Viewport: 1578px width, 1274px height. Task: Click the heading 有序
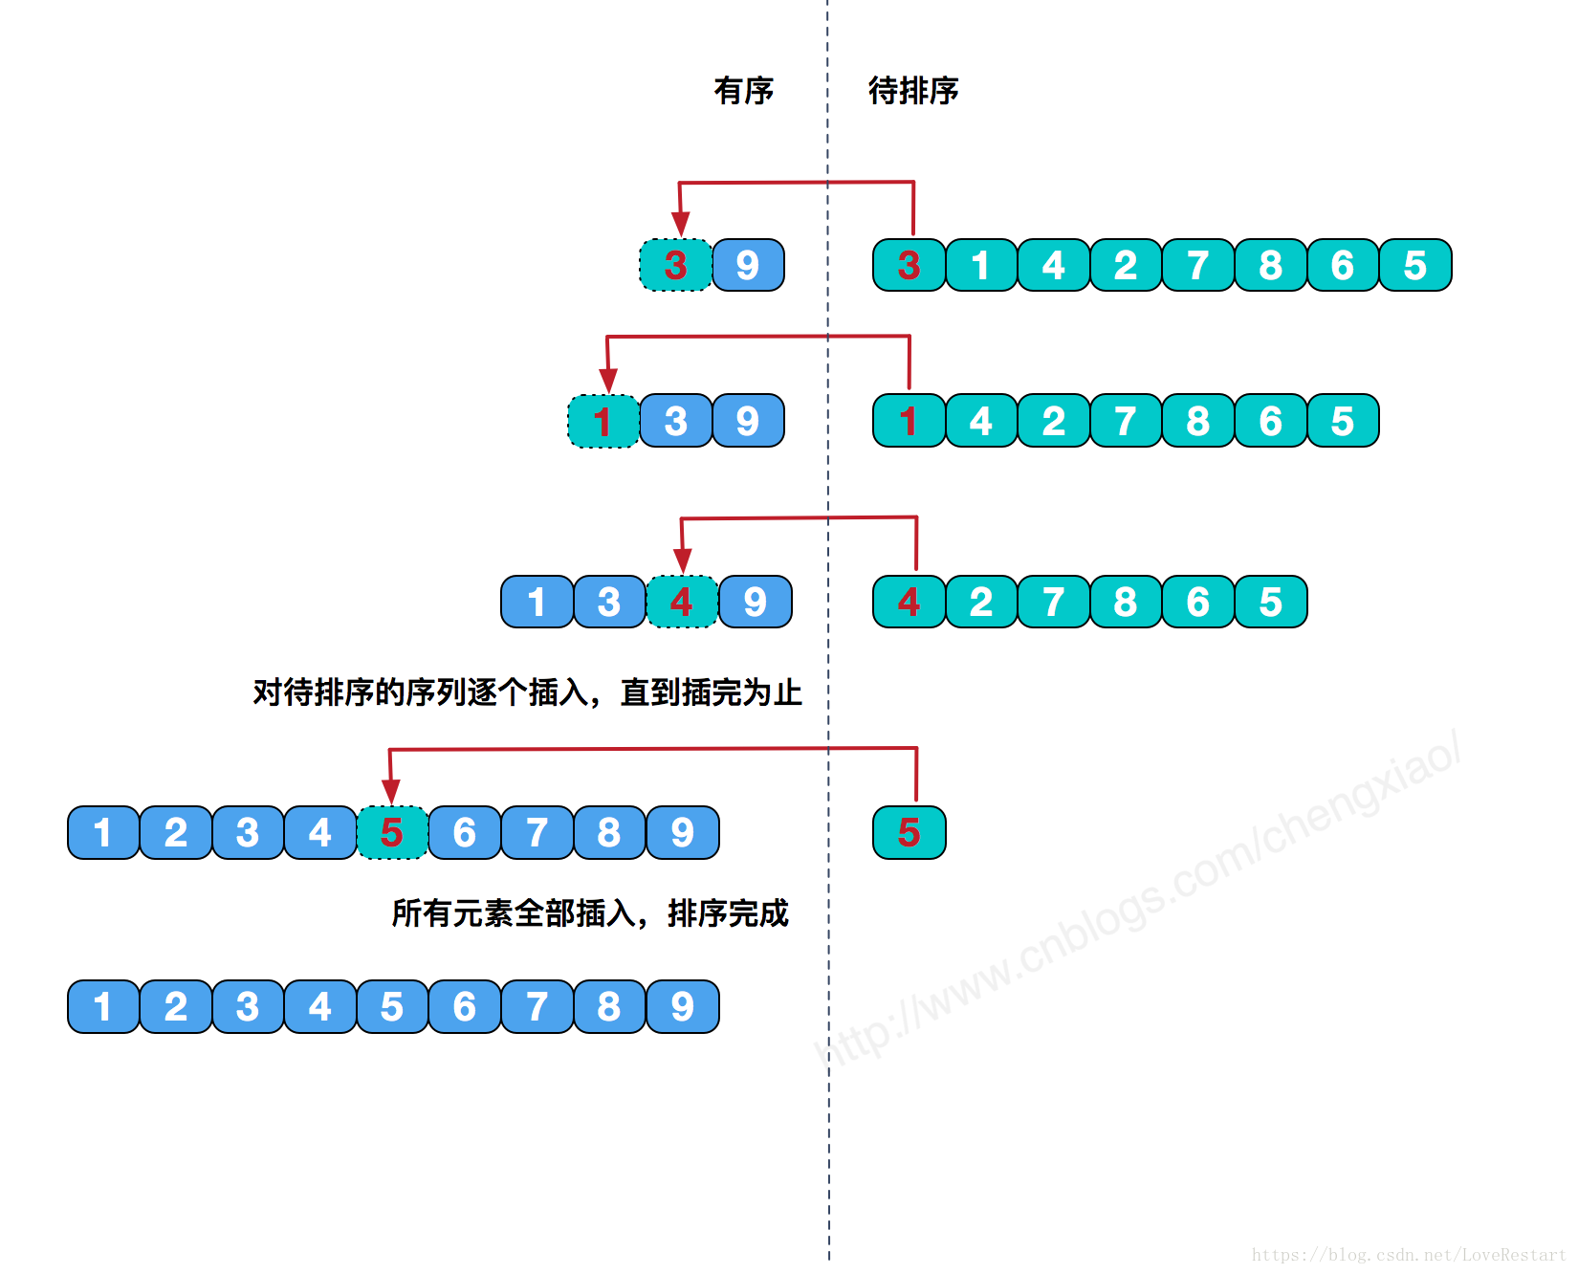(x=743, y=91)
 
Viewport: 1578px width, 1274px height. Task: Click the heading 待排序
(x=912, y=91)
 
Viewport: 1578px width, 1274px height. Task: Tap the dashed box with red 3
(x=675, y=265)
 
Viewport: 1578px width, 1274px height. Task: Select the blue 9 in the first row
(x=748, y=265)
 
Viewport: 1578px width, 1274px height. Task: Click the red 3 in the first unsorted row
(x=909, y=265)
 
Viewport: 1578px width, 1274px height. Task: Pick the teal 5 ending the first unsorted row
(x=1414, y=265)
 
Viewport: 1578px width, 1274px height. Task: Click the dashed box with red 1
(x=603, y=421)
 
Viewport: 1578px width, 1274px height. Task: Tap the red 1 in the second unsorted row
(x=909, y=421)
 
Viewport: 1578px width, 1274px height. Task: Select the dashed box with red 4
(x=681, y=602)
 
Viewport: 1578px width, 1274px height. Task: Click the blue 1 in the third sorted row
(x=537, y=602)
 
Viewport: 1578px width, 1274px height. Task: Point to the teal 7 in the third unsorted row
(x=1053, y=602)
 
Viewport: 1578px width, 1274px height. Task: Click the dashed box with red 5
(x=391, y=832)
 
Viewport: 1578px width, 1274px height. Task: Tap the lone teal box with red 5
(x=909, y=832)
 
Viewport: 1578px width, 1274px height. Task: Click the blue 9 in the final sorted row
(x=682, y=1006)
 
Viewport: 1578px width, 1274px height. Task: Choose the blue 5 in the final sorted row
(x=391, y=1006)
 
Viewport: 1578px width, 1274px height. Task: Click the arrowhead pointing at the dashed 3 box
(x=680, y=225)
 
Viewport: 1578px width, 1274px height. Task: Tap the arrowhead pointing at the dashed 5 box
(x=390, y=791)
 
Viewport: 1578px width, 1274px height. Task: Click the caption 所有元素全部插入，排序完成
(x=589, y=913)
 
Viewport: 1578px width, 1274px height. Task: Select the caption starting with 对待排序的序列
(x=527, y=692)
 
